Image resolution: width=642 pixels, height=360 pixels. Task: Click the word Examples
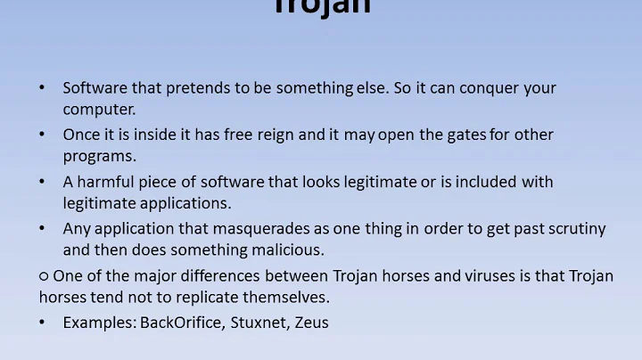pos(99,323)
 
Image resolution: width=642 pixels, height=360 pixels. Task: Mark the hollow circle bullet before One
pos(44,276)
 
